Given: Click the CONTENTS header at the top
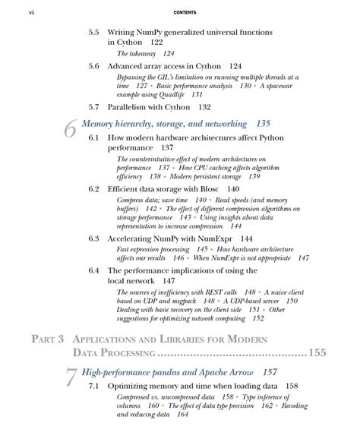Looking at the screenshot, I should tap(185, 12).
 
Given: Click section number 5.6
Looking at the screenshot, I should tap(93, 67).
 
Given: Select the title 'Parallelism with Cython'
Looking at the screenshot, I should tap(153, 108).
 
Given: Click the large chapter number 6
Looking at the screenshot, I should tap(69, 129).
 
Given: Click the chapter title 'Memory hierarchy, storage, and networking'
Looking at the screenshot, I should tap(163, 123).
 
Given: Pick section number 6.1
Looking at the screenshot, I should tap(93, 137).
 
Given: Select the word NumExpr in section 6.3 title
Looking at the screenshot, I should tap(210, 238).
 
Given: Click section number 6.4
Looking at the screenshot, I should tap(93, 270).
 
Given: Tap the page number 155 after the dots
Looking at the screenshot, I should tap(316, 353).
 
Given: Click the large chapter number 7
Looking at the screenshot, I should tap(69, 379).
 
